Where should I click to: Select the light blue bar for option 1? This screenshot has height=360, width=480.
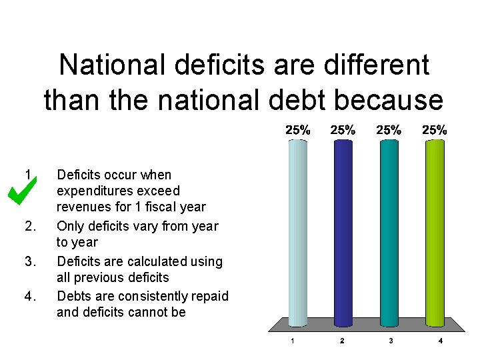coord(297,233)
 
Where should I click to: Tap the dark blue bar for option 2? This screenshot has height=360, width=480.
coord(343,233)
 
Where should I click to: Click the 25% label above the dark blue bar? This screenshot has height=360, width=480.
coord(343,131)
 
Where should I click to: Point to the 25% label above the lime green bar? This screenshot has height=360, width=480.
coord(435,131)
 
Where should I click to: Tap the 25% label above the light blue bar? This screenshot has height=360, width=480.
coord(297,131)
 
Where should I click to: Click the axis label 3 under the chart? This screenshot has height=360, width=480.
coord(391,341)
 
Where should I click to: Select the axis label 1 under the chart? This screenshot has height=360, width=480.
coord(291,341)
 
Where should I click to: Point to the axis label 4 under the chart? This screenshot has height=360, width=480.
coord(441,341)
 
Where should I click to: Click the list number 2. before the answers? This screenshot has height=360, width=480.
coord(29,227)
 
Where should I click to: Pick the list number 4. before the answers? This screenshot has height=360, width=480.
coord(29,296)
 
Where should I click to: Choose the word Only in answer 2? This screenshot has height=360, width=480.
coord(71,227)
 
